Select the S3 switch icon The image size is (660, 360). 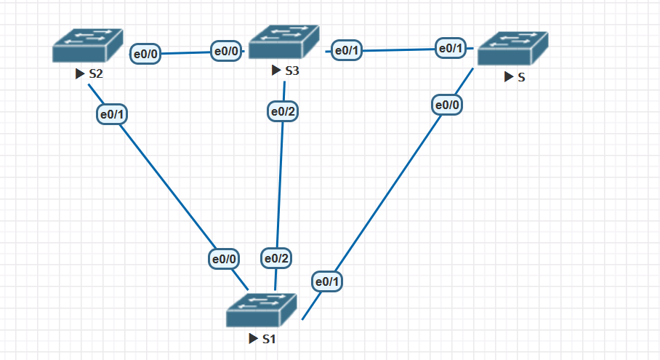point(283,41)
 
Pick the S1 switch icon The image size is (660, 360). point(262,311)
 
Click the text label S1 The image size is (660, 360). point(269,339)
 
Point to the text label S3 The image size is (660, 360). point(291,71)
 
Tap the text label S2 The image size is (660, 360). point(96,73)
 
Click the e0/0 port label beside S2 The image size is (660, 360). point(145,54)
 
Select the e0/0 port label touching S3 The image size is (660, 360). point(226,51)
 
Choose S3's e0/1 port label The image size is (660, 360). point(346,51)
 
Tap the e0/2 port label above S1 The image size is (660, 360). point(276,258)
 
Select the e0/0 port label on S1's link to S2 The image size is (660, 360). point(224,258)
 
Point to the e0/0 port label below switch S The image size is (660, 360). point(447,105)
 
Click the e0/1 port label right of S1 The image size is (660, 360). point(328,281)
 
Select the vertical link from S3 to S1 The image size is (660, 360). point(280,185)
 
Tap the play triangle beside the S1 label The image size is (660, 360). point(252,339)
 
